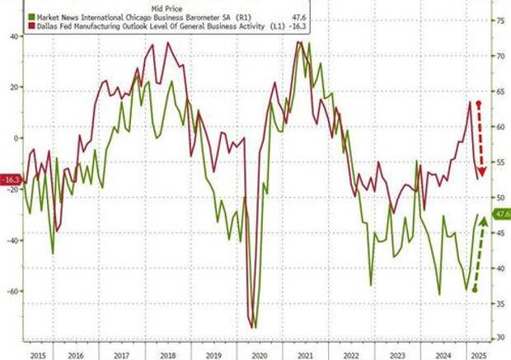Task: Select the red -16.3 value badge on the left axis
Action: tap(11, 179)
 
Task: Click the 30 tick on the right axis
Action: tap(499, 338)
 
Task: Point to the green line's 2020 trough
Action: tap(255, 327)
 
